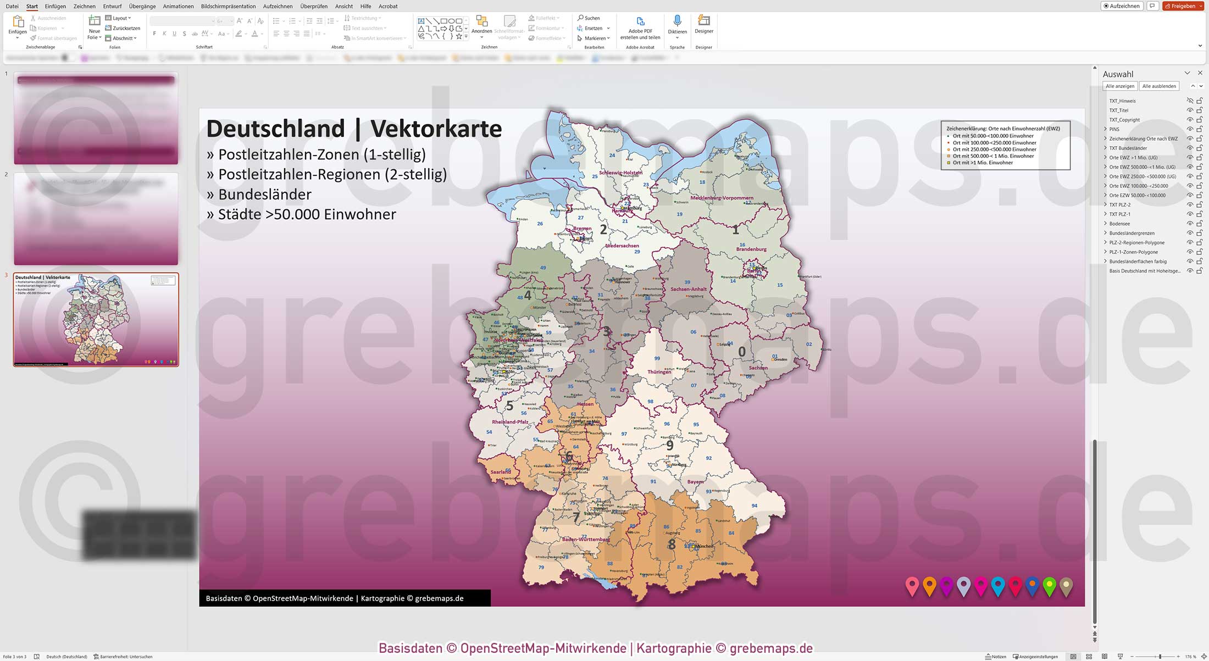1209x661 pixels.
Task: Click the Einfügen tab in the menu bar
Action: coord(55,6)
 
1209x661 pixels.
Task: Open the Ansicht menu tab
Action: coord(343,6)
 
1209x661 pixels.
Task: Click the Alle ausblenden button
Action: coord(1159,86)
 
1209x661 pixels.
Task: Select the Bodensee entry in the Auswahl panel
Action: coord(1119,224)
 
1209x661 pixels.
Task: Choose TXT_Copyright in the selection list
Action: coord(1124,120)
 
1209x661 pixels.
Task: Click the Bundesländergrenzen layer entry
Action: coord(1132,233)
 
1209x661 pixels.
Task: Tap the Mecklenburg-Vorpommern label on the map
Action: coord(722,198)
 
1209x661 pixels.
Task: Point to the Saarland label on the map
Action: coord(501,471)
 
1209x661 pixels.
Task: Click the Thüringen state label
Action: coord(659,372)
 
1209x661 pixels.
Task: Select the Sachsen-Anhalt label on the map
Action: coord(689,289)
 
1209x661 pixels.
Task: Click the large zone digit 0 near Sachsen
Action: coord(742,352)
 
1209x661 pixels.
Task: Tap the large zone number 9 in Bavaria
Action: coord(669,446)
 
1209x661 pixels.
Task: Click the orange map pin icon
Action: coord(929,586)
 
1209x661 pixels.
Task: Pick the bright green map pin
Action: coord(1049,586)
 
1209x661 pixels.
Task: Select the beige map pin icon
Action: coord(1066,586)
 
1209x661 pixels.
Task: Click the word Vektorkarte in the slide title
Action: coord(436,129)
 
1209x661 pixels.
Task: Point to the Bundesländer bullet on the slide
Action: coord(264,195)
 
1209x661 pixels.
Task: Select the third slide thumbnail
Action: coord(96,319)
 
